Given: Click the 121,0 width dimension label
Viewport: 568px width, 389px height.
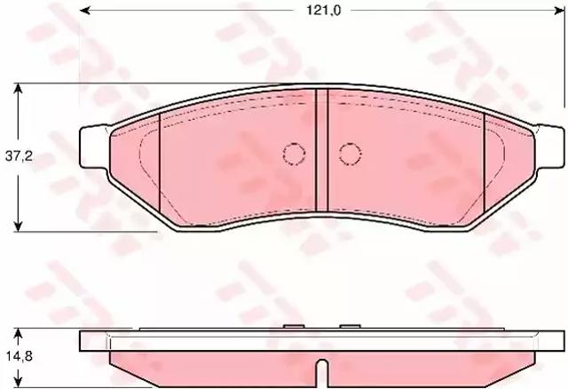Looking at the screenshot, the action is pyautogui.click(x=323, y=11).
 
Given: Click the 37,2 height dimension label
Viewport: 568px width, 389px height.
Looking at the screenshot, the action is pyautogui.click(x=19, y=156).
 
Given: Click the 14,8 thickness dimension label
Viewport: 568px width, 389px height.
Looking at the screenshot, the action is pyautogui.click(x=19, y=356).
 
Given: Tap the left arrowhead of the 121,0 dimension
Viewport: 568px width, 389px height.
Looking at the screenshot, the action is pyautogui.click(x=84, y=11).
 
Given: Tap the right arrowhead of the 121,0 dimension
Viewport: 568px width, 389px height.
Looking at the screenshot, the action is pyautogui.click(x=560, y=11).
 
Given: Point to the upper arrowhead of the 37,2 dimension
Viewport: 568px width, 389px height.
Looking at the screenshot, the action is pyautogui.click(x=18, y=89).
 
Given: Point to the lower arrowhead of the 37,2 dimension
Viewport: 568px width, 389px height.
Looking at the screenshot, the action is pyautogui.click(x=18, y=226).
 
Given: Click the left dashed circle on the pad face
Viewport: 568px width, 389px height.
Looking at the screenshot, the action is pyautogui.click(x=294, y=154).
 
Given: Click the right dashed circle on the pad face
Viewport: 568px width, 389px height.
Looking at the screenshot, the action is pyautogui.click(x=351, y=154).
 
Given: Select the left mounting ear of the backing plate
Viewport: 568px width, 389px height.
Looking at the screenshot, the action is pyautogui.click(x=93, y=147).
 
